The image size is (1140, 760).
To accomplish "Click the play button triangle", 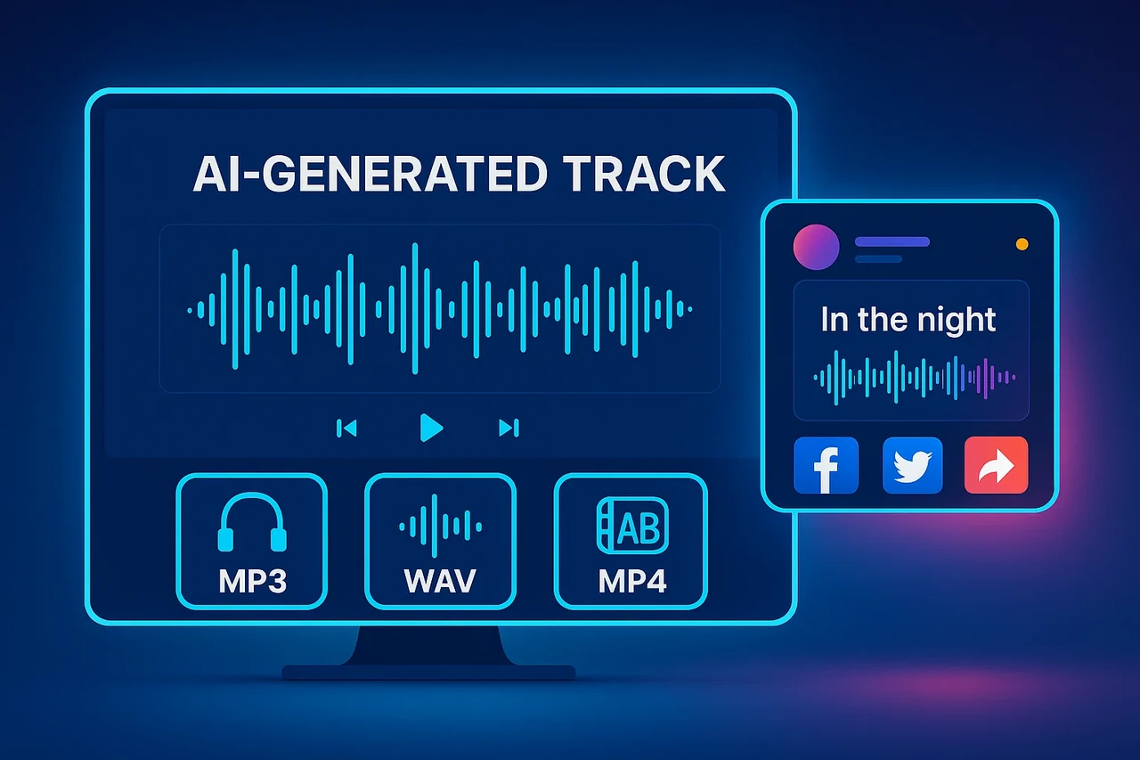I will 431,429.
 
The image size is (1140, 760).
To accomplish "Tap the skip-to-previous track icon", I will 346,429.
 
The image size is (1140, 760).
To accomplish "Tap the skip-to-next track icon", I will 509,429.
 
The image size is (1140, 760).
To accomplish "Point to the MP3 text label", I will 252,581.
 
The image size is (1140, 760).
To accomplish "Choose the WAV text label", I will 440,581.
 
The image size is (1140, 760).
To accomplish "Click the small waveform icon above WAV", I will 441,526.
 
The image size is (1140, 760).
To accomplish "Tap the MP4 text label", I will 631,581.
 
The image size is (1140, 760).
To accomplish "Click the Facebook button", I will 826,464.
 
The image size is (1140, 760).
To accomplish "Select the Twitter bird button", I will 912,464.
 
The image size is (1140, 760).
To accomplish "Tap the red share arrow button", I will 996,464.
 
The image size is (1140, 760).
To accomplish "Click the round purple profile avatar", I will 816,247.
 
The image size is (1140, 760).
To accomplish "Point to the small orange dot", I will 1022,243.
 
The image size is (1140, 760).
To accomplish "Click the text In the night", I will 908,320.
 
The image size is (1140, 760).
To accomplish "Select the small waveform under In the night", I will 914,377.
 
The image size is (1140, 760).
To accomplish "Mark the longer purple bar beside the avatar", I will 892,241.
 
